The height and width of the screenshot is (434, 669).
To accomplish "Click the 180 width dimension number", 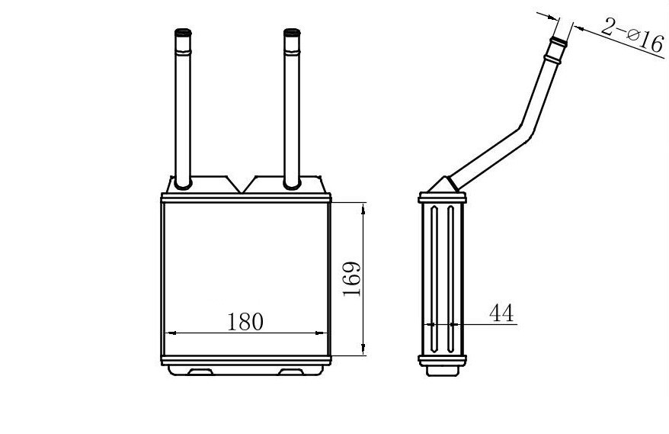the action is [x=245, y=322].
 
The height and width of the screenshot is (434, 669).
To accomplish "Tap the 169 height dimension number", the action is [x=352, y=278].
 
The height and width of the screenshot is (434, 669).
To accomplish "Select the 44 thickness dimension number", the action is [x=501, y=313].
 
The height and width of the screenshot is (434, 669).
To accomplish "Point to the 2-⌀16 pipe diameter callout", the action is [x=632, y=34].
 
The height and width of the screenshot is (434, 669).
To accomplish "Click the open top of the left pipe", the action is [x=183, y=31].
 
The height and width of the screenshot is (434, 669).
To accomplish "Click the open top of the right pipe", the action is [x=292, y=31].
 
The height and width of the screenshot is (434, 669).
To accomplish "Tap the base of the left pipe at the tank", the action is [x=183, y=184].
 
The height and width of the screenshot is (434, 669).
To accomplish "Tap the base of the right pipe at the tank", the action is [x=292, y=184].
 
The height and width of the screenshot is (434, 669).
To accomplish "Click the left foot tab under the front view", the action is [x=200, y=371].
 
